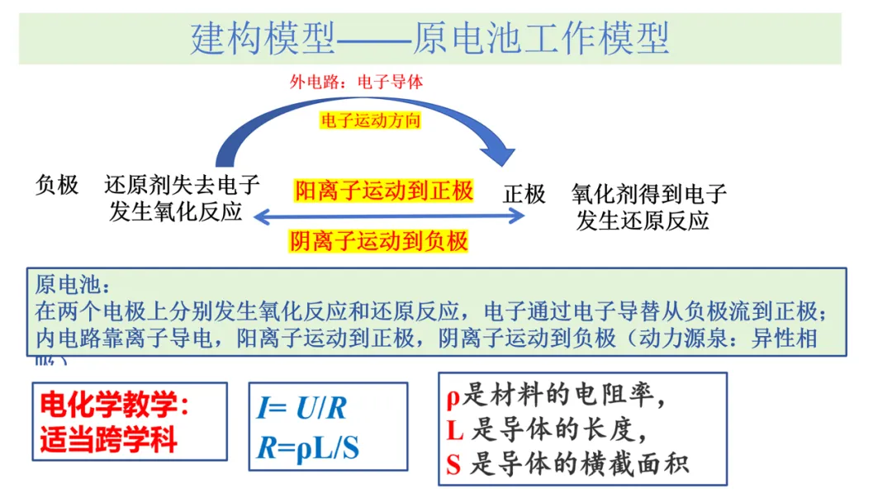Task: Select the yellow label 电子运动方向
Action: click(371, 121)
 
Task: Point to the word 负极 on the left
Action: click(57, 185)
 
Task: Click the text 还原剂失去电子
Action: click(182, 185)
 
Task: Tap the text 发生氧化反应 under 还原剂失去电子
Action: click(175, 211)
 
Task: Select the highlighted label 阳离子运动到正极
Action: click(384, 192)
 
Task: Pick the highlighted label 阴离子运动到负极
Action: click(379, 241)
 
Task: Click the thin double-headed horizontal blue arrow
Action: click(388, 216)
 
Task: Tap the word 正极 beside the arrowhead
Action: click(524, 194)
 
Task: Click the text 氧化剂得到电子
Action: click(648, 194)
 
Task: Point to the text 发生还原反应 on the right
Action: click(643, 220)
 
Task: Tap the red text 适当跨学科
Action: click(108, 439)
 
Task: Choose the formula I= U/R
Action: click(301, 409)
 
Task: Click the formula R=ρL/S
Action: click(308, 448)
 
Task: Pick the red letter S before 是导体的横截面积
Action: click(453, 465)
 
